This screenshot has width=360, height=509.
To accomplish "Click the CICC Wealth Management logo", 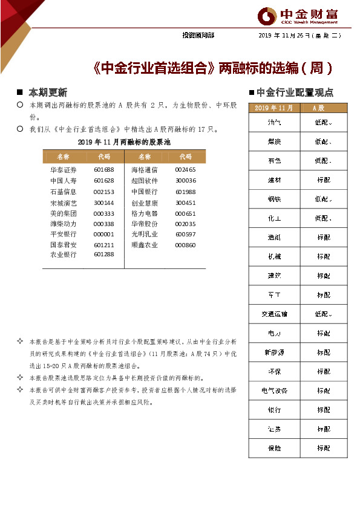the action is (299, 16).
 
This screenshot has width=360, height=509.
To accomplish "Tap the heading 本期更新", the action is (48, 92).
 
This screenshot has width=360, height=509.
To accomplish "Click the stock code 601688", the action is (103, 170).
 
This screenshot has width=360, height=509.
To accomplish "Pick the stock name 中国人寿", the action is (64, 181).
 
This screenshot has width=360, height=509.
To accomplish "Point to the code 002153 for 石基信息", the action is (103, 192).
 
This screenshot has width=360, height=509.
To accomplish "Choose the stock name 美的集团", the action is (64, 213).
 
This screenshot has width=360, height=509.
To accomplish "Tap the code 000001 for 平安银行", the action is (103, 234).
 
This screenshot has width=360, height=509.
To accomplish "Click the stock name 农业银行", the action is (64, 254).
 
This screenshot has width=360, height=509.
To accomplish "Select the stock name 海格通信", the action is (144, 170).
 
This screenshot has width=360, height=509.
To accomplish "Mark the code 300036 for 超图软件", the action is (185, 181).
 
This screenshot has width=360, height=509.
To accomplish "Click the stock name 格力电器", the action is (144, 213).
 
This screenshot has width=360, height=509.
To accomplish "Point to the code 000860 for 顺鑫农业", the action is (185, 245).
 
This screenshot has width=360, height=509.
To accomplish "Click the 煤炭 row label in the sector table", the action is (273, 141).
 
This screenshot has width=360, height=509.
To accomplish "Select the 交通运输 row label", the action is (273, 314).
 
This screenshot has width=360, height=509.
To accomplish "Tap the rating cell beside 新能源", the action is (323, 352).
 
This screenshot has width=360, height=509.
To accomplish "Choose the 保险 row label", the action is (273, 448).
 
